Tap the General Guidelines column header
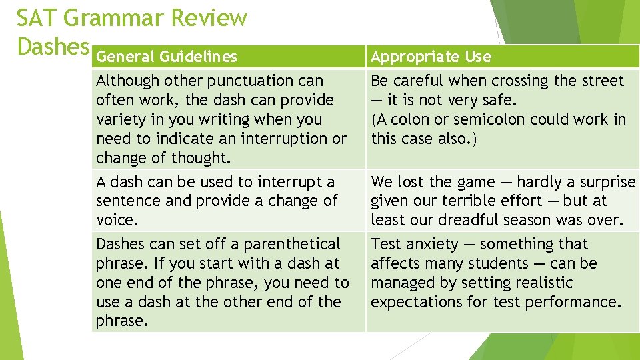coord(166,57)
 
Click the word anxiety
coord(431,245)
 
